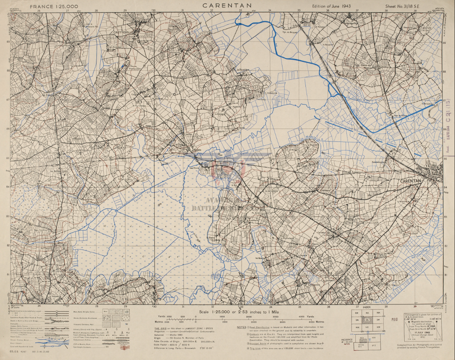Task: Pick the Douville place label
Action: [374, 200]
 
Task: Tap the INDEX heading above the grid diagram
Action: [366, 307]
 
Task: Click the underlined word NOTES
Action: [242, 327]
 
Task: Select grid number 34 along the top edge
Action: [269, 11]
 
